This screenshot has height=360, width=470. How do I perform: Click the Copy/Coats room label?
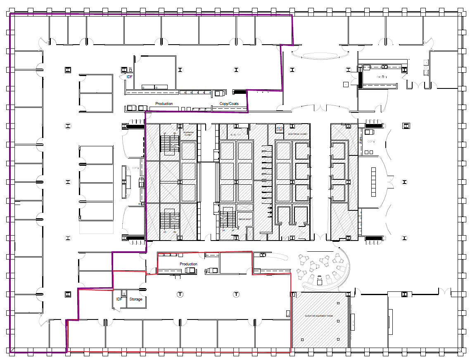(x=229, y=104)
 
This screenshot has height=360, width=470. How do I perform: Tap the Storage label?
(x=136, y=299)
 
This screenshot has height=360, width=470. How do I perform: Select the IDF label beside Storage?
(x=119, y=299)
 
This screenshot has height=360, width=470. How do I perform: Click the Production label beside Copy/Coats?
(x=164, y=104)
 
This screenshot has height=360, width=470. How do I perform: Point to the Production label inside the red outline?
(x=188, y=264)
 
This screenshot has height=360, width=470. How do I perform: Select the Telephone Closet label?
(x=188, y=134)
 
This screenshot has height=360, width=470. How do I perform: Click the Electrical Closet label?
(x=297, y=134)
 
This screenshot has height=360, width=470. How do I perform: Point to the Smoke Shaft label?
(x=243, y=219)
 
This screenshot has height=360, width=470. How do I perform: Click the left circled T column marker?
(x=180, y=294)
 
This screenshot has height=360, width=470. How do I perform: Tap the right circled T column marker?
(x=236, y=294)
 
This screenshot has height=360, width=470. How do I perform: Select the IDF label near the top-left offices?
(x=130, y=76)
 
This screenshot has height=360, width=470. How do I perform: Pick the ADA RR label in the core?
(x=235, y=135)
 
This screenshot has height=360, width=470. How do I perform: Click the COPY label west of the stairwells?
(x=135, y=168)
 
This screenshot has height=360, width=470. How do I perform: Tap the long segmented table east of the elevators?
(x=374, y=181)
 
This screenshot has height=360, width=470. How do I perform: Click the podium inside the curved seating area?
(x=319, y=281)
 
